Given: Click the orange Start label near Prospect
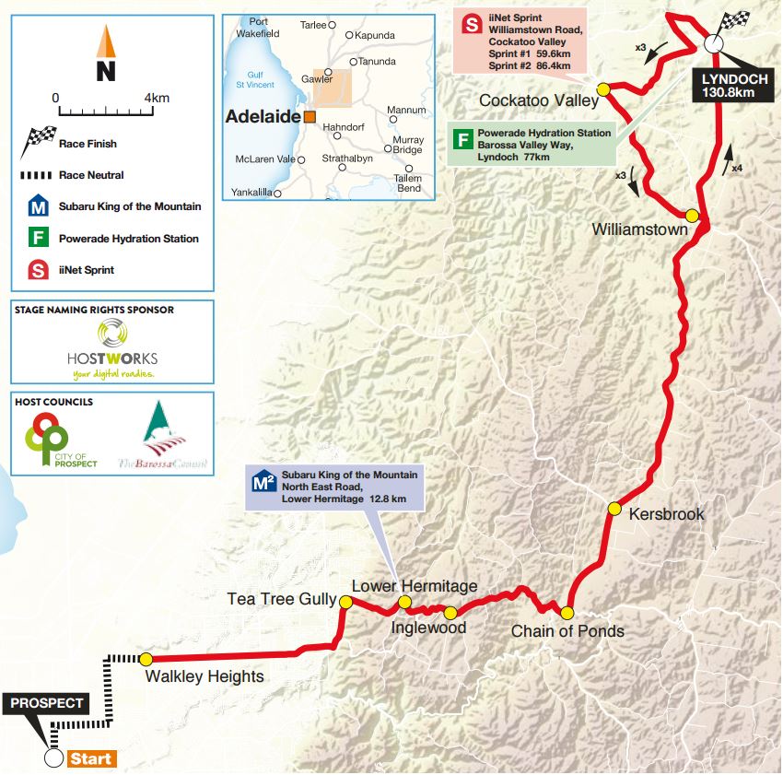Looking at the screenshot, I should click(x=92, y=759).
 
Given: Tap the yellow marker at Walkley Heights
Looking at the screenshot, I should click(x=146, y=658).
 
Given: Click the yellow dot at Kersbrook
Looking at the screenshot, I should click(x=614, y=508).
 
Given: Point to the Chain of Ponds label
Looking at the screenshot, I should click(x=567, y=631).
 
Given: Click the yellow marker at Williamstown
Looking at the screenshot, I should click(x=692, y=215).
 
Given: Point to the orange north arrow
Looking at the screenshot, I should click(x=106, y=42).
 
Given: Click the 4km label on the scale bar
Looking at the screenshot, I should click(x=157, y=98).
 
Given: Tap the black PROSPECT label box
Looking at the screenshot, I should click(x=47, y=703).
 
